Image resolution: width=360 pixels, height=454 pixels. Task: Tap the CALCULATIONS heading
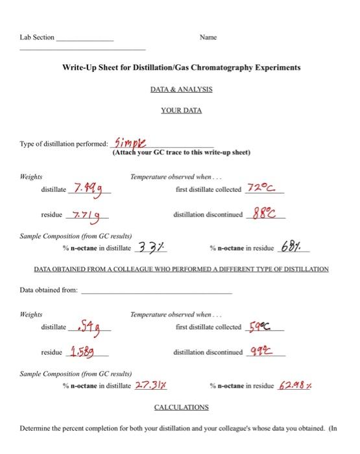pyautogui.click(x=181, y=407)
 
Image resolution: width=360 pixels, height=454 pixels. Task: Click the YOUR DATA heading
pyautogui.click(x=181, y=110)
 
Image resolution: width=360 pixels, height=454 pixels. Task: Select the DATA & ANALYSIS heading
pyautogui.click(x=181, y=89)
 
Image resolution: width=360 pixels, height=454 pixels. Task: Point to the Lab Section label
pyautogui.click(x=38, y=38)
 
